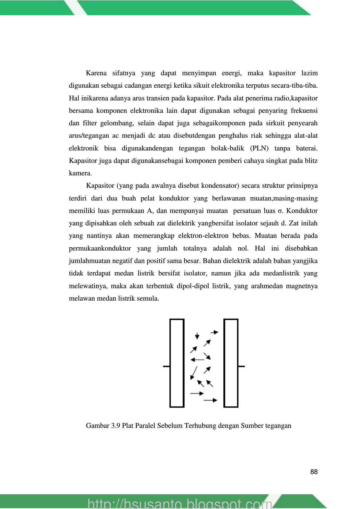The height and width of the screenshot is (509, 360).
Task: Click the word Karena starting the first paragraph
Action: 96,73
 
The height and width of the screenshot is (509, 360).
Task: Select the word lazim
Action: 309,73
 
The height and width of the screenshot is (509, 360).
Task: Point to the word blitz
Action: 310,161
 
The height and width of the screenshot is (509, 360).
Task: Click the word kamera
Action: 80,173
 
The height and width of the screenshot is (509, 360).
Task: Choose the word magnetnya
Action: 302,286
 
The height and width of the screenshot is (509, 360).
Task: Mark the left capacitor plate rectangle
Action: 177,363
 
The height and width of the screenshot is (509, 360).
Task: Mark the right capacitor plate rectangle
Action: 231,363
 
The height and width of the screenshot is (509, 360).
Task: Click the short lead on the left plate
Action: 166,366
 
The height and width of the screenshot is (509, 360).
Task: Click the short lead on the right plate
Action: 241,366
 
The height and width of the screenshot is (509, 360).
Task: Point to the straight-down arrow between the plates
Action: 197,336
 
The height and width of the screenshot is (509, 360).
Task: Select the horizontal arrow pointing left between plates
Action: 197,360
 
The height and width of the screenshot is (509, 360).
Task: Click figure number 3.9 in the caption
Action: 115,426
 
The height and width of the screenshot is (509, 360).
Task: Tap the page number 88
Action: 314,472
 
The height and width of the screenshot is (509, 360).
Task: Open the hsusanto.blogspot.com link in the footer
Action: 180,504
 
